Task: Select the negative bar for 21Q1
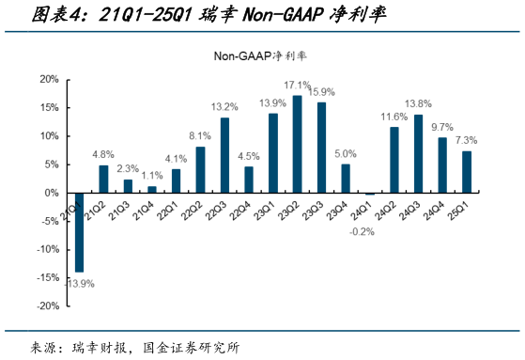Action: point(80,232)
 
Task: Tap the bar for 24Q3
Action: point(418,153)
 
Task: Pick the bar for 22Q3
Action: point(224,155)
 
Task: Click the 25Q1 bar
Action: point(467,171)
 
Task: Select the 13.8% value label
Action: point(418,103)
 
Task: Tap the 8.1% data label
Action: point(200,135)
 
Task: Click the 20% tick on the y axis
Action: point(48,79)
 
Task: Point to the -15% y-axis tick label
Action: point(46,278)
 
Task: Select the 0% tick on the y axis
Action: point(52,193)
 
